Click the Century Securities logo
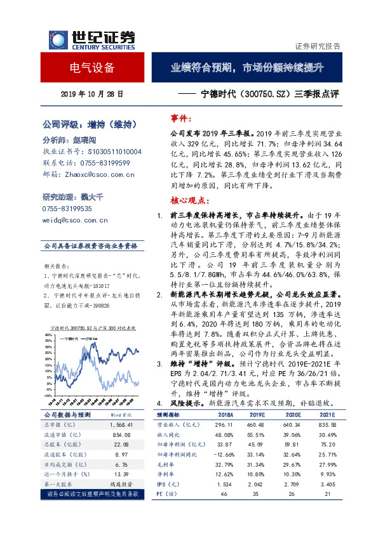89,39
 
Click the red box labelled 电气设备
92,68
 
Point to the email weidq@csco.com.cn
74,220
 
